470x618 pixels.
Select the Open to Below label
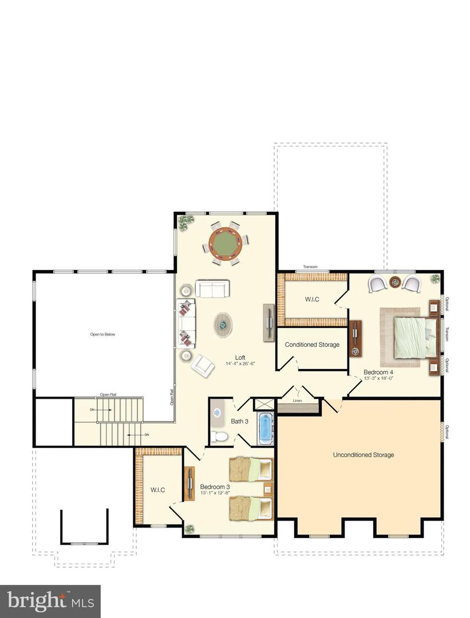click(103, 334)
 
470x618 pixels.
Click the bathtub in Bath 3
click(264, 428)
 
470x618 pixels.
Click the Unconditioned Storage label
click(364, 455)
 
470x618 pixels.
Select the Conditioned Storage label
click(312, 344)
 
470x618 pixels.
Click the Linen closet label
click(297, 401)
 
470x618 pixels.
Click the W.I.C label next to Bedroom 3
click(158, 490)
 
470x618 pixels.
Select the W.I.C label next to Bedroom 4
click(312, 299)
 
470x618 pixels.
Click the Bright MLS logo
click(50, 601)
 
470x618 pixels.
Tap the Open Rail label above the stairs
click(108, 394)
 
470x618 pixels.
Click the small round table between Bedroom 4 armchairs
click(395, 282)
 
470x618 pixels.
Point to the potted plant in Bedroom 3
click(189, 529)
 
